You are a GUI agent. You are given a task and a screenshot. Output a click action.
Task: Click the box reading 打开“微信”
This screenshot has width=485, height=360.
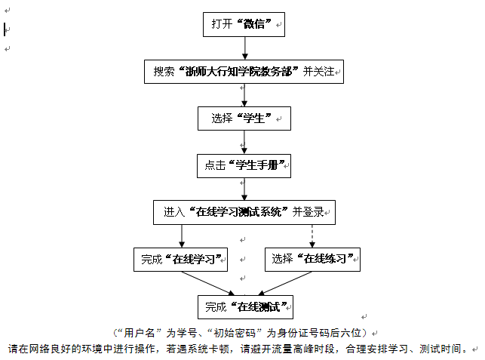coord(244,24)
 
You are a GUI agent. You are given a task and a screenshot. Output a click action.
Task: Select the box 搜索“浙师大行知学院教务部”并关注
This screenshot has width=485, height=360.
coord(244,72)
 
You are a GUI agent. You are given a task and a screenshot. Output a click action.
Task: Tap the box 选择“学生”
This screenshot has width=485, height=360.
coord(244,118)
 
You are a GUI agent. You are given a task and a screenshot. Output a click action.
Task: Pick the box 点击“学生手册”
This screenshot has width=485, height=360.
coord(244,166)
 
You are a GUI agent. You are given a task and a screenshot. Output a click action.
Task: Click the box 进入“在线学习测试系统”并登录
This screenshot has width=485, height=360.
coord(244,212)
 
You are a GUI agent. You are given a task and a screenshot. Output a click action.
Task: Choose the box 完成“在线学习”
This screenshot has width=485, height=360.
coord(180,260)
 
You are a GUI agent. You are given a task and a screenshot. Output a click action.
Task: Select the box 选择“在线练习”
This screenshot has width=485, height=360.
coord(312,260)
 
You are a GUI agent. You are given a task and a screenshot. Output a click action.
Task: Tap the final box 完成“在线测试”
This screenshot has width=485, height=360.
coord(245,307)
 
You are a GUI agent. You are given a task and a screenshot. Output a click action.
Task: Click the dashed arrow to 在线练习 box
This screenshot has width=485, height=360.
coord(312,236)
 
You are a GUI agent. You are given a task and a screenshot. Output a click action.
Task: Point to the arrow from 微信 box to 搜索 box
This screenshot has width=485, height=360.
coord(245,48)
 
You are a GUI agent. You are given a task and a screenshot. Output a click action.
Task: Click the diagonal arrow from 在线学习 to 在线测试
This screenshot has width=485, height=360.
coord(208,283)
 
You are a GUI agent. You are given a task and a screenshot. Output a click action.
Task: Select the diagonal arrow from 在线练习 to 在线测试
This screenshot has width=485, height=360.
coord(284,283)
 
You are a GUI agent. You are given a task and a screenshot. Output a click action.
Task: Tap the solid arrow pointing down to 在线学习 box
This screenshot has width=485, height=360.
coord(182,236)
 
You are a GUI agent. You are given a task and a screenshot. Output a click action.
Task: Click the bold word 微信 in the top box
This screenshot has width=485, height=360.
coord(254,24)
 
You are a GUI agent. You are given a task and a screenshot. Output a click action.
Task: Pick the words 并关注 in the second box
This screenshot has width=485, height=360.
coord(318,72)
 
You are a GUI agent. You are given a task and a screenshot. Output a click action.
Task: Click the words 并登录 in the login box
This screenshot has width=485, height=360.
coord(308,212)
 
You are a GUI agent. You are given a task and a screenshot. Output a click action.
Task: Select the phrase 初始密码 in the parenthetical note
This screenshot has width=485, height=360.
coord(235,333)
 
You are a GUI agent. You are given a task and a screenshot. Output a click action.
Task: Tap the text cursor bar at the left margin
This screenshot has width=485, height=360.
coord(5,29)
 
